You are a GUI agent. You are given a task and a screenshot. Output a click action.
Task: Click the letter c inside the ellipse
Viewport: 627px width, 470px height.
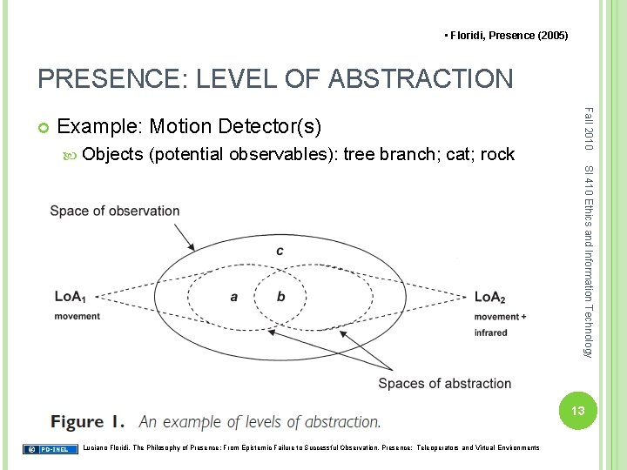(x=280, y=252)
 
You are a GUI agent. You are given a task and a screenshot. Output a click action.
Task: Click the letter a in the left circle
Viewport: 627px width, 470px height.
(x=234, y=297)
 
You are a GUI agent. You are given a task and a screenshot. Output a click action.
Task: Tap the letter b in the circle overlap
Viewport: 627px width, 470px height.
(x=280, y=297)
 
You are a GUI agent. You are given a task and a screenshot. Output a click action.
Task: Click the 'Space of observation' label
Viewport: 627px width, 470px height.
(x=115, y=211)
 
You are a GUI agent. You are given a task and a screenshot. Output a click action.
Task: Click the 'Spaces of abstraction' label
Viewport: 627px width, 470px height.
(x=445, y=384)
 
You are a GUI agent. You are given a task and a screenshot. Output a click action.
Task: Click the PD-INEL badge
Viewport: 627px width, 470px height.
(x=47, y=449)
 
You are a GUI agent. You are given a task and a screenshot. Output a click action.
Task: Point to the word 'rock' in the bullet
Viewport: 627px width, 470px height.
(x=497, y=155)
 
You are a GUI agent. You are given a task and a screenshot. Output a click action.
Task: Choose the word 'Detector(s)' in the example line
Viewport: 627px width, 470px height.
(x=270, y=129)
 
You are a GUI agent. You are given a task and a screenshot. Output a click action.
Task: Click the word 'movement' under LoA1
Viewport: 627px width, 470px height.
(x=78, y=316)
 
